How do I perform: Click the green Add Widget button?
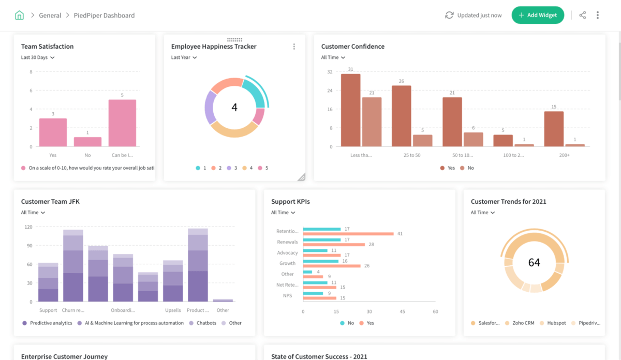click(538, 15)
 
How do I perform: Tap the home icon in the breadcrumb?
click(19, 15)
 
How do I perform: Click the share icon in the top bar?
click(583, 15)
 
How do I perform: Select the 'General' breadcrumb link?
click(50, 16)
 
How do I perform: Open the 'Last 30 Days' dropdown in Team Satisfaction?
click(38, 57)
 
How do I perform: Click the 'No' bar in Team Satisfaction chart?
click(87, 142)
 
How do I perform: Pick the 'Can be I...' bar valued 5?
click(122, 123)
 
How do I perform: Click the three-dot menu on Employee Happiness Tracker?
click(294, 47)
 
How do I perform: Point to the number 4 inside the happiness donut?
click(234, 108)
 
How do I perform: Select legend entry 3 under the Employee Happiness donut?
click(232, 168)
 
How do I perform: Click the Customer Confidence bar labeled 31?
click(350, 110)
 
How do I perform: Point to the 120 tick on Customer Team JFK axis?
click(28, 227)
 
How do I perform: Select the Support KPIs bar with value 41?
click(348, 234)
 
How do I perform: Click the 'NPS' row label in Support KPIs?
click(288, 295)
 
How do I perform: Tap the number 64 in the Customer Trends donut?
click(534, 263)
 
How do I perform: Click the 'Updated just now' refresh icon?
click(449, 16)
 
